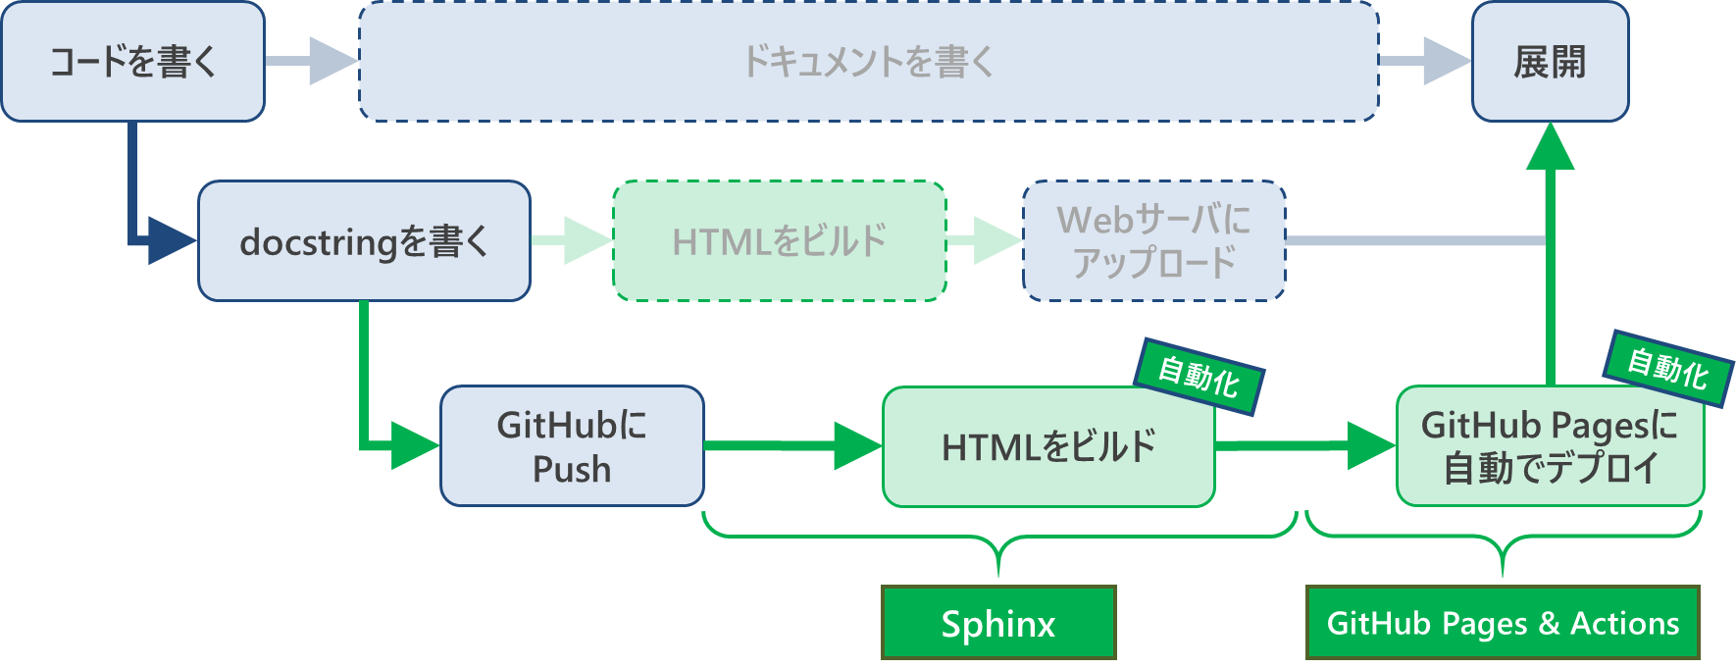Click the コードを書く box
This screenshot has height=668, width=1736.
132,62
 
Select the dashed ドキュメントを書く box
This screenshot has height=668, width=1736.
868,62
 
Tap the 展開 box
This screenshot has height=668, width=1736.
1550,62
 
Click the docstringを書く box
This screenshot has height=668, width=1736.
364,241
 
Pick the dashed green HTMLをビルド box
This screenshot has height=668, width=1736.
779,241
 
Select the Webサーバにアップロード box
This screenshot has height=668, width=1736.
1153,241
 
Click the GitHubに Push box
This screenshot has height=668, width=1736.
572,446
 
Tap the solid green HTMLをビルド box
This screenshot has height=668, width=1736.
1047,447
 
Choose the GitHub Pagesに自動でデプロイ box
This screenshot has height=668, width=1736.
1550,447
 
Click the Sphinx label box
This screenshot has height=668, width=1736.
998,623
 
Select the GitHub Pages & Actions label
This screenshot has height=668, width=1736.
1503,623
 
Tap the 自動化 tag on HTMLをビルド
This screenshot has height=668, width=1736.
1199,377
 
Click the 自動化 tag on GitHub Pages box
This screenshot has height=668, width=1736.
1667,369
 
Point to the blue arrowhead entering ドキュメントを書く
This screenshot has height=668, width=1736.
333,61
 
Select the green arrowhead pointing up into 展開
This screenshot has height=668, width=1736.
1551,147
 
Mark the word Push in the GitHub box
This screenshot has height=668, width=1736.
572,470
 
